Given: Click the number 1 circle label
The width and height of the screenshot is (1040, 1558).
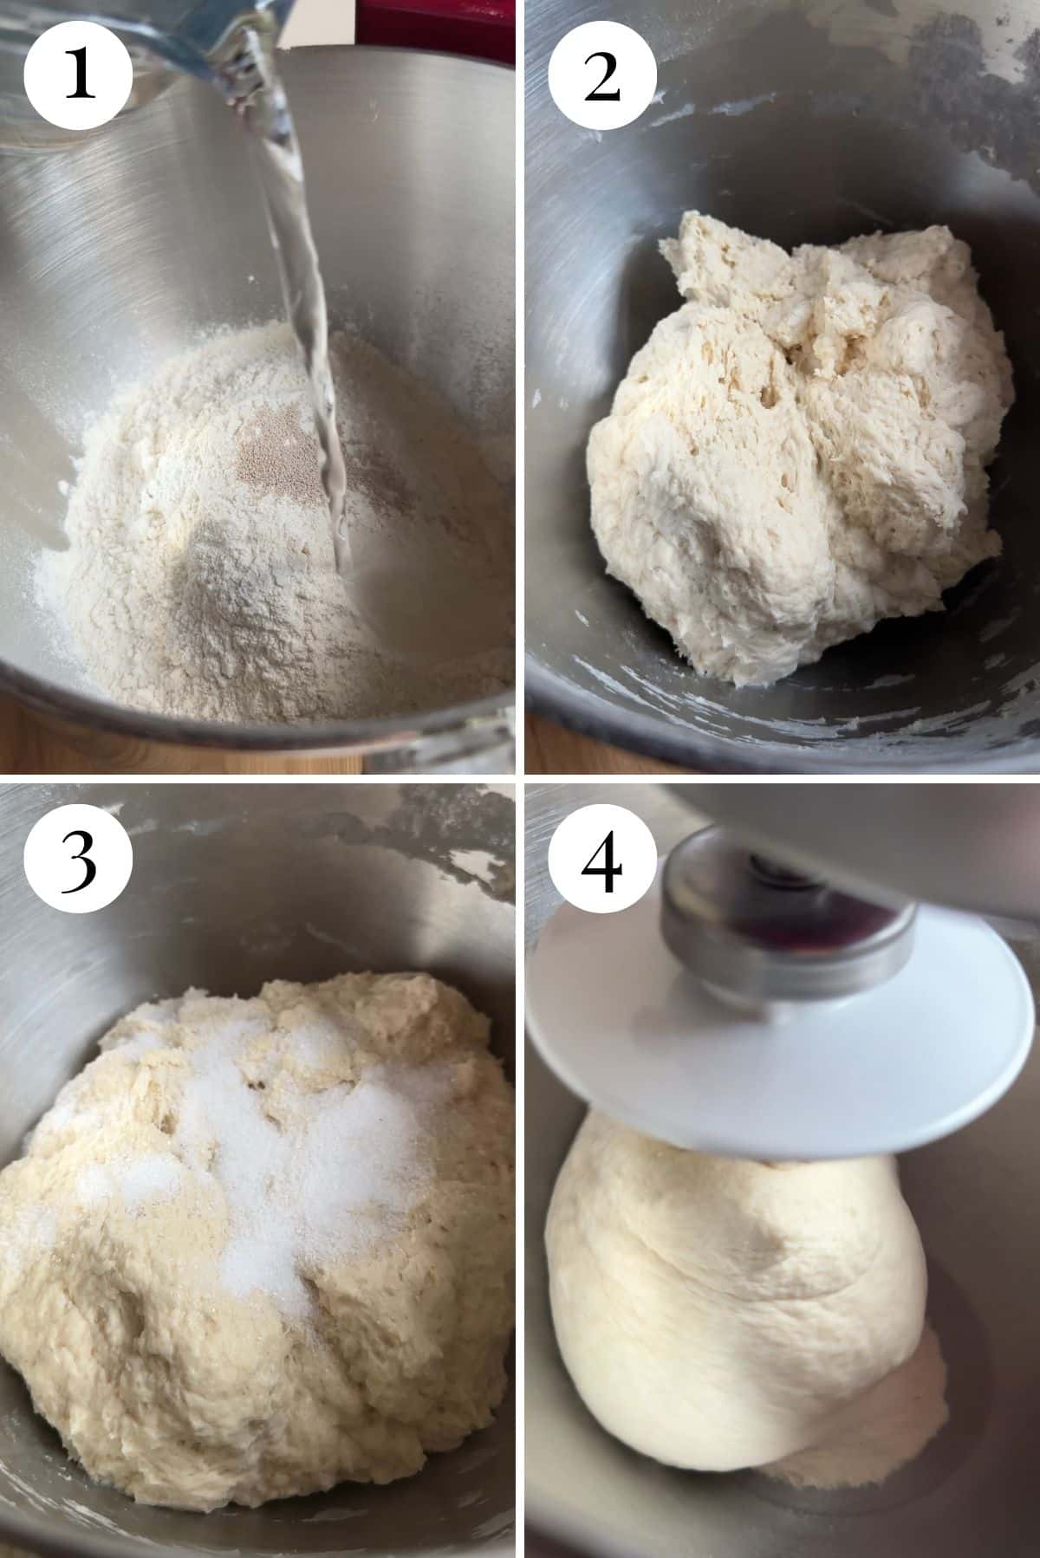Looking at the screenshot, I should [78, 76].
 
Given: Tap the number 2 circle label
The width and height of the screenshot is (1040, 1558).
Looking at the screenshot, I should [601, 76].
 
